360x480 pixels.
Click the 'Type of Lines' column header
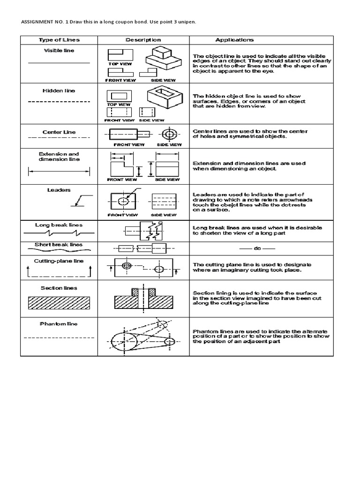point(59,40)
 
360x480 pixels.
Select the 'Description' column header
point(142,40)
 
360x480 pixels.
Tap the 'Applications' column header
point(234,40)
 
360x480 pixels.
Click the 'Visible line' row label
point(59,51)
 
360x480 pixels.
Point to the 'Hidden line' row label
point(59,91)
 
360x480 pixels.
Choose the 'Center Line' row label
point(59,132)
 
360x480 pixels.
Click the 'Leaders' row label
point(59,190)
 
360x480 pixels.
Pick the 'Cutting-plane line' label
point(59,261)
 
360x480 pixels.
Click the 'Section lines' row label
point(59,288)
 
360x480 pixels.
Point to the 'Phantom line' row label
point(59,324)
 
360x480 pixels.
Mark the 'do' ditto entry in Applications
point(257,247)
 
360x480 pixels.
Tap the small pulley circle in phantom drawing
point(168,341)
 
